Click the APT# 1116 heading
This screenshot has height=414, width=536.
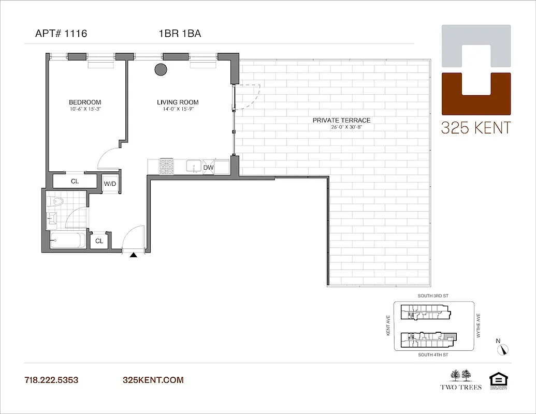[x=61, y=34]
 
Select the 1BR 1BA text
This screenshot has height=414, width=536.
[x=180, y=34]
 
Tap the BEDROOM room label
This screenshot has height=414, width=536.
[x=85, y=102]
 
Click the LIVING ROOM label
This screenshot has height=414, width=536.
[x=178, y=102]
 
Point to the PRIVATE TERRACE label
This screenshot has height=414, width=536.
[x=341, y=120]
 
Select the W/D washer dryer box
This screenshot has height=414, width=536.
[x=110, y=184]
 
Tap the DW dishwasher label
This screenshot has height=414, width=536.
[x=208, y=168]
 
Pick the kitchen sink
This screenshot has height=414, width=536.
[x=194, y=167]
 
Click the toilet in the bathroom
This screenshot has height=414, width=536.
[x=54, y=201]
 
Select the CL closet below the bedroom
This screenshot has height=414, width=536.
[x=75, y=181]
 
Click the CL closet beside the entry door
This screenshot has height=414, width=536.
[x=99, y=241]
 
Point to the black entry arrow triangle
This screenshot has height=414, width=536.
[x=134, y=255]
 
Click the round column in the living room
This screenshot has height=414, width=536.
[x=161, y=69]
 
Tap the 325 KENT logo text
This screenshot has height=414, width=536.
[x=475, y=127]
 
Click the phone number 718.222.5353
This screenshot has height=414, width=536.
[x=51, y=380]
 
